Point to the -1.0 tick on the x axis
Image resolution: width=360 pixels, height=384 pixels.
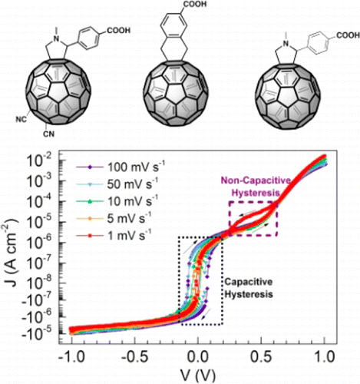[x=71, y=356]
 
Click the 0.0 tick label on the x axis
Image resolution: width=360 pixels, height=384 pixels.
[x=199, y=356]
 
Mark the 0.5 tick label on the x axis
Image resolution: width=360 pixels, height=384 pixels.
[x=262, y=356]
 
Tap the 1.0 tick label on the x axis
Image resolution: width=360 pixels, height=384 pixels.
[x=325, y=356]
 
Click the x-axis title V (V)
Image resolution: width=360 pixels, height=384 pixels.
[x=198, y=374]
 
